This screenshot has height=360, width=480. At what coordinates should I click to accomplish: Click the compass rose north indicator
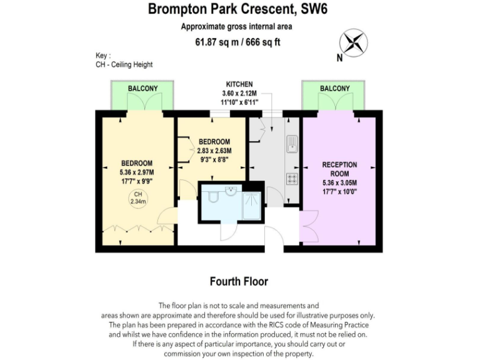pyautogui.click(x=353, y=44)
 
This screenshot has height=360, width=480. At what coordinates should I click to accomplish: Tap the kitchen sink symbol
pyautogui.click(x=292, y=144)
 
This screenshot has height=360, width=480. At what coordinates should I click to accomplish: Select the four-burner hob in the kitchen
pyautogui.click(x=292, y=178)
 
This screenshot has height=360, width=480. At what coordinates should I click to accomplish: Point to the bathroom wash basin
pyautogui.click(x=231, y=191)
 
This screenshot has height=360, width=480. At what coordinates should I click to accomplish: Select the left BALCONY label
pyautogui.click(x=142, y=89)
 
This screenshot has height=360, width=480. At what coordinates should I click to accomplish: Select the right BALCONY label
pyautogui.click(x=334, y=89)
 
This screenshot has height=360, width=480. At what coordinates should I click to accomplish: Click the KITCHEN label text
pyautogui.click(x=239, y=84)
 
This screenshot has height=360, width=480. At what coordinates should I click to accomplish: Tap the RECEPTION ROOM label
pyautogui.click(x=339, y=169)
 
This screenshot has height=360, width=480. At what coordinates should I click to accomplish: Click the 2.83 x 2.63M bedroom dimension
pyautogui.click(x=214, y=151)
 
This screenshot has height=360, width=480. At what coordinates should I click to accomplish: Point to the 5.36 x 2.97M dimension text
pyautogui.click(x=136, y=172)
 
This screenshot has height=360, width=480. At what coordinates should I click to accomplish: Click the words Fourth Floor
pyautogui.click(x=240, y=282)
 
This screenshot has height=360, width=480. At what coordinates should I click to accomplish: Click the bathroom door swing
pyautogui.click(x=228, y=230)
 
